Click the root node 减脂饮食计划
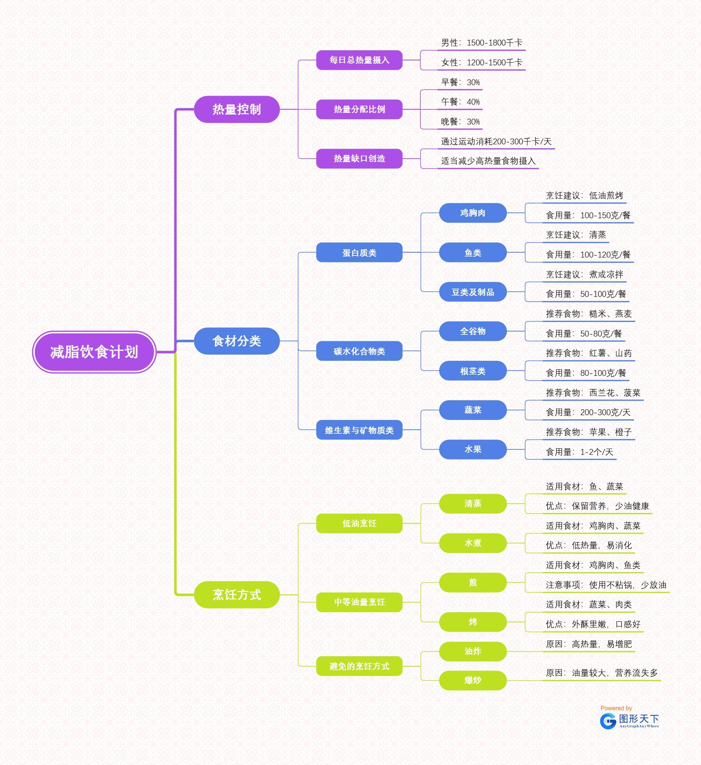tap(94, 352)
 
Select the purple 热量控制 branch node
tap(237, 109)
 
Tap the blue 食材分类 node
tap(237, 341)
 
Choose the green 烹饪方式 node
tap(237, 594)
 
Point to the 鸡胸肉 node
tap(472, 213)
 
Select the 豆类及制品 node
tap(472, 292)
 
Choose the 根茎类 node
tap(472, 371)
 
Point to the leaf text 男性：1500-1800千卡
tap(482, 42)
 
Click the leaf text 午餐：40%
tap(460, 102)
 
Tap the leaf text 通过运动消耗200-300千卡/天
tap(496, 142)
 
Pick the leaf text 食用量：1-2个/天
tap(579, 451)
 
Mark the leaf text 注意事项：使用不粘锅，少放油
tap(606, 585)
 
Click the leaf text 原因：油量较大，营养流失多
tap(601, 673)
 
